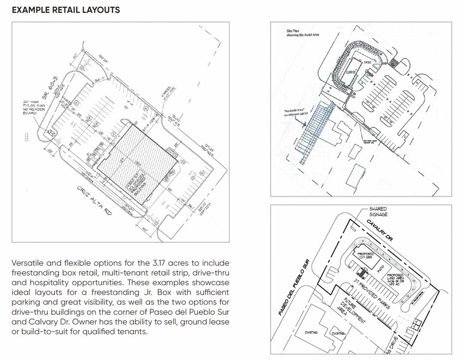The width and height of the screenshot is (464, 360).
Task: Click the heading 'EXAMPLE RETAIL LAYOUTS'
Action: tap(65, 10)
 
